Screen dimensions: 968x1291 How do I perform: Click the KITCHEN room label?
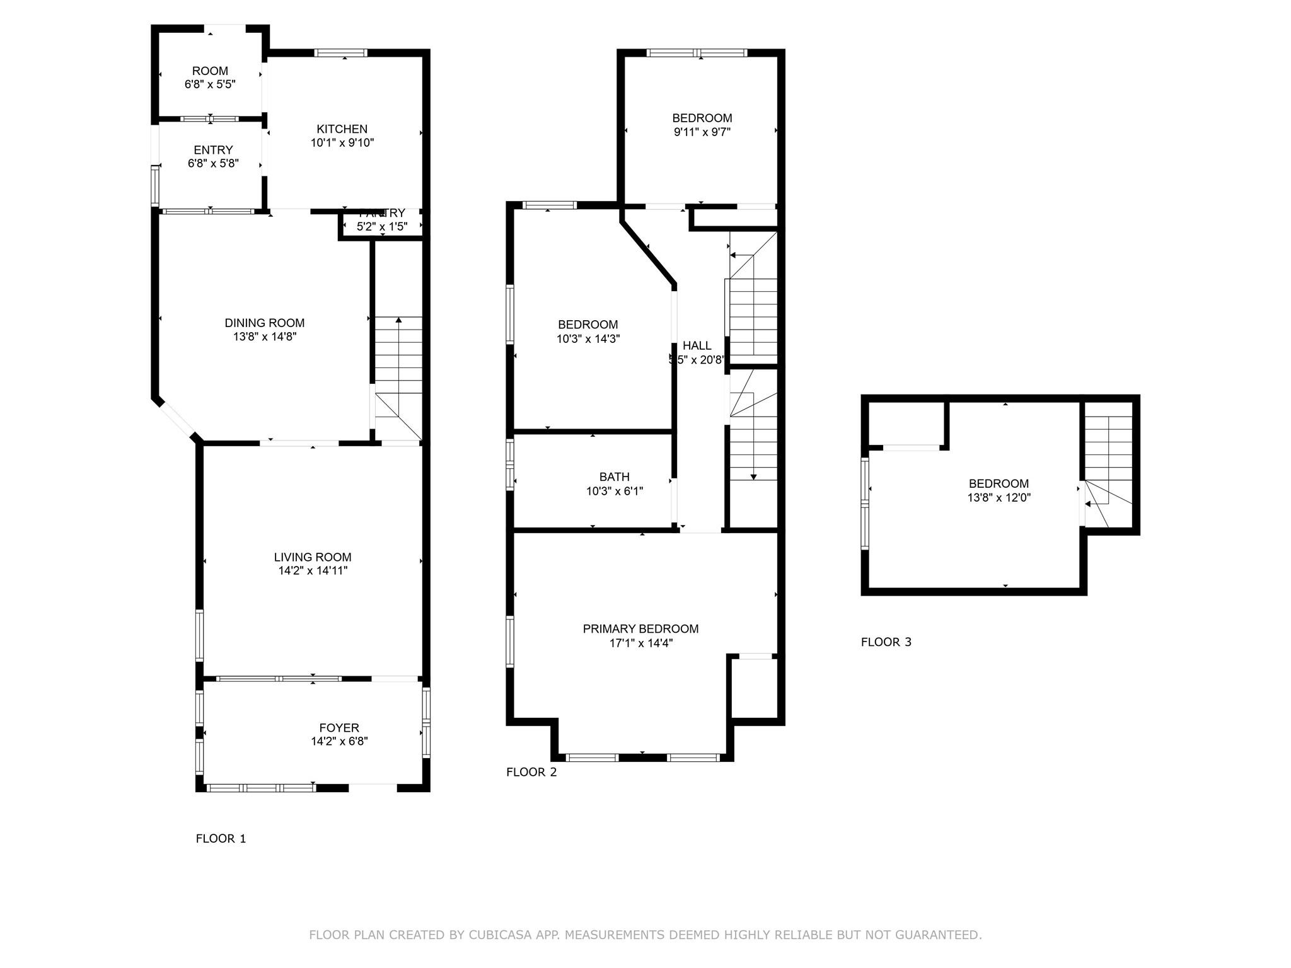(342, 129)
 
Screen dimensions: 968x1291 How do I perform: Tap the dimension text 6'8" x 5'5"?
(210, 84)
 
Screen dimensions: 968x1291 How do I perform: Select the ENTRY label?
(213, 150)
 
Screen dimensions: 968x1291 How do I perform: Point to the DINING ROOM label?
(265, 323)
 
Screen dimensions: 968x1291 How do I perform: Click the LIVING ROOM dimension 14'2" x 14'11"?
(313, 571)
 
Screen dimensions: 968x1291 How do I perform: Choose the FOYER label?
(339, 728)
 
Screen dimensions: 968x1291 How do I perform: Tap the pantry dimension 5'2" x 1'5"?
(382, 227)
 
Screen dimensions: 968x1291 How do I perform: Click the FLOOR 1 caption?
(221, 839)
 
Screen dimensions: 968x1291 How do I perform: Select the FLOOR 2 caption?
(531, 772)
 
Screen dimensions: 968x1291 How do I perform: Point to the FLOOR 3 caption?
(886, 642)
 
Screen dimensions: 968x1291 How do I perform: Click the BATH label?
(614, 477)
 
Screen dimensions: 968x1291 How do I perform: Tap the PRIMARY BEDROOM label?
(640, 629)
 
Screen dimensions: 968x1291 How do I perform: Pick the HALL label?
(697, 345)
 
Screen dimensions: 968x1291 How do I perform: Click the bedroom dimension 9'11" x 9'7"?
(702, 132)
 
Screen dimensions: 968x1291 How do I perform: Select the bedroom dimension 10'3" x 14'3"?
(588, 339)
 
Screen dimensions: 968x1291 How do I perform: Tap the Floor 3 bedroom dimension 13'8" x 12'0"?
(999, 498)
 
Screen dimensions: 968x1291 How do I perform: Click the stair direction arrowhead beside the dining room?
(398, 321)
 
